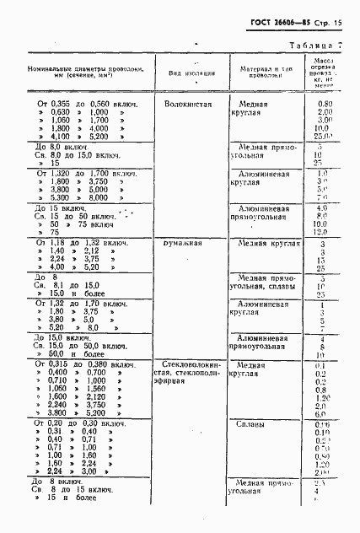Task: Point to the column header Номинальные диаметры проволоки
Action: point(85,72)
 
